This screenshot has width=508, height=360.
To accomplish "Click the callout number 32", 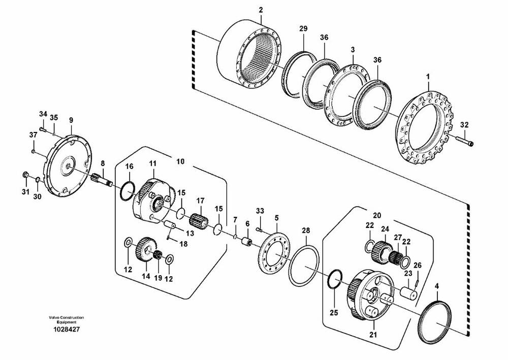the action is pos(464,125).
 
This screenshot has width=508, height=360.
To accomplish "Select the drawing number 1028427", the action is pos(67,330).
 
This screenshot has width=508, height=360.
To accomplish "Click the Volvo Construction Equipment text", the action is pos(67,320).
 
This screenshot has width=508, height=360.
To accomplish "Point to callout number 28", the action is pos(306,231).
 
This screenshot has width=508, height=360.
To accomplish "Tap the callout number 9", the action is pos(71,120).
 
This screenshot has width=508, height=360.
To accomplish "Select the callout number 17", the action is pos(200,201).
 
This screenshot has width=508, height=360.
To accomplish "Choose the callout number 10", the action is pos(180,161).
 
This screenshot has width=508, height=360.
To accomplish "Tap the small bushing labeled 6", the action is pos(247,242).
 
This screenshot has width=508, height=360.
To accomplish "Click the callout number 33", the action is pos(260,211).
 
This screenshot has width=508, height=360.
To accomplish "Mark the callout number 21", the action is pos(373,335).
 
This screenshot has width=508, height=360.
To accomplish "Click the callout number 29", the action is pos(303,28).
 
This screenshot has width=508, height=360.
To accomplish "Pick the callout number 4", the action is pos(437,286).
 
